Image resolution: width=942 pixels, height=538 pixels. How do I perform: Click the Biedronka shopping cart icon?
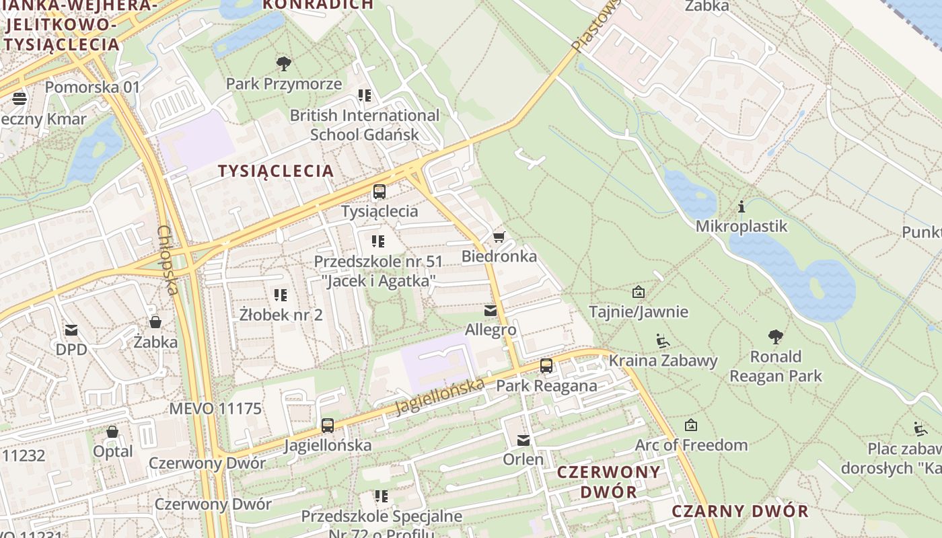click(x=499, y=237)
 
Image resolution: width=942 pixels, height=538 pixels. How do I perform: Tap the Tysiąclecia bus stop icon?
click(x=379, y=191)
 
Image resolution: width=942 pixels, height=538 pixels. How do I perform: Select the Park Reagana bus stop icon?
click(x=546, y=366)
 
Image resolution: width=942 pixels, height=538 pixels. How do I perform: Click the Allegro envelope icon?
click(x=490, y=311)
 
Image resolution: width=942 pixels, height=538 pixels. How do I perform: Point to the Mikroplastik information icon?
click(x=741, y=206)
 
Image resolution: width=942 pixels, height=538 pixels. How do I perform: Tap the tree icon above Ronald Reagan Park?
click(x=776, y=336)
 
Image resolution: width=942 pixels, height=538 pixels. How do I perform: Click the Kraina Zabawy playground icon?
click(x=663, y=341)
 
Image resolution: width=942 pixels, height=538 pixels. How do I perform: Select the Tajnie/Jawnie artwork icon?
click(x=638, y=292)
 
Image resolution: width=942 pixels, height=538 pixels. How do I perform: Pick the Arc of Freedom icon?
click(x=690, y=425)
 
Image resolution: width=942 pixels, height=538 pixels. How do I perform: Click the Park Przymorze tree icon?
click(x=284, y=64)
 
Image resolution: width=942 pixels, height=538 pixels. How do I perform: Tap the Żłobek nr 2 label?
click(x=281, y=314)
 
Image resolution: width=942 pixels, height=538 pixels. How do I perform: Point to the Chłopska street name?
click(x=168, y=260)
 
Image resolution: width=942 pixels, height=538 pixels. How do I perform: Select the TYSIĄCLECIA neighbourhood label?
click(x=276, y=171)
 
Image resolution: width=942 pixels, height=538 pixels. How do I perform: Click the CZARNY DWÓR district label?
click(x=740, y=511)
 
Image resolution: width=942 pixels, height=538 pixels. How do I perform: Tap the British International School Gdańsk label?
click(x=365, y=125)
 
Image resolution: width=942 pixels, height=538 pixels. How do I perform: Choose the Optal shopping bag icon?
click(x=112, y=431)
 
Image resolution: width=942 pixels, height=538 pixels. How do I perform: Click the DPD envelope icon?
click(x=71, y=330)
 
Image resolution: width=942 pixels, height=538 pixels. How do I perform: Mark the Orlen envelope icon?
click(x=523, y=440)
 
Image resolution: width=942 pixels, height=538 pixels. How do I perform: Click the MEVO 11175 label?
click(x=215, y=408)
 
